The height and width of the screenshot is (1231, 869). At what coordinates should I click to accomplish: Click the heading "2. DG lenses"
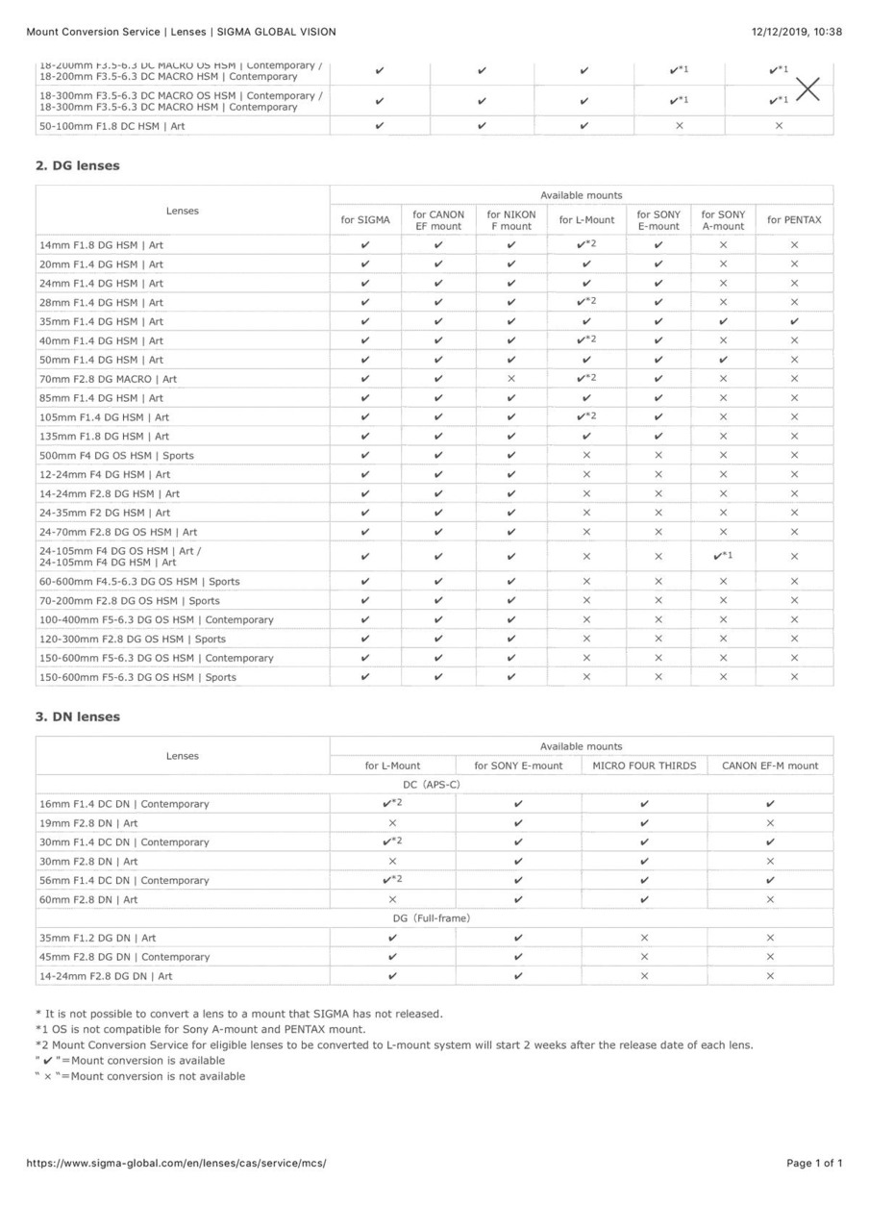[x=78, y=165]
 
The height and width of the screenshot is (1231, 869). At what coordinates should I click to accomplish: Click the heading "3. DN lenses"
[x=78, y=716]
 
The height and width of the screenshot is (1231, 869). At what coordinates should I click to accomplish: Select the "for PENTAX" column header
[x=794, y=220]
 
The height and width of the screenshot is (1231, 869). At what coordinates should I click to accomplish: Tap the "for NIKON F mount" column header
[x=510, y=220]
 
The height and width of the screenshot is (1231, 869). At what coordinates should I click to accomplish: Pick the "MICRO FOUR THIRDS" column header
[x=644, y=766]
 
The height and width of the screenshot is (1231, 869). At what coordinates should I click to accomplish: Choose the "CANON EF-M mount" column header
[x=770, y=766]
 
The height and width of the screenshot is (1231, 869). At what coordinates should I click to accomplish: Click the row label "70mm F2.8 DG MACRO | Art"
[x=108, y=379]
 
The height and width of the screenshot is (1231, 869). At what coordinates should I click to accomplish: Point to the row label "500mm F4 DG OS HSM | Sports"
[x=116, y=456]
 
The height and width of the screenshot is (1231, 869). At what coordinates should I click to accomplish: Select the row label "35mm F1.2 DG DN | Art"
[x=97, y=938]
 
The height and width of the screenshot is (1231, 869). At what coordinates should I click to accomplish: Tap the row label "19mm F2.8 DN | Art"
[x=88, y=823]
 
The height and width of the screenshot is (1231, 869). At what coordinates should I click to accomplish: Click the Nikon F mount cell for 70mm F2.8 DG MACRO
[x=510, y=379]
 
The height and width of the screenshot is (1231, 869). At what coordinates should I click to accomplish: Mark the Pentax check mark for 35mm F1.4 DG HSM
[x=794, y=321]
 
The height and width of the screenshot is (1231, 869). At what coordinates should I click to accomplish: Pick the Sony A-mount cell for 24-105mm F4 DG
[x=723, y=556]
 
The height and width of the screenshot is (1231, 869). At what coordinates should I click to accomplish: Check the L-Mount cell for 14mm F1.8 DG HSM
[x=585, y=244]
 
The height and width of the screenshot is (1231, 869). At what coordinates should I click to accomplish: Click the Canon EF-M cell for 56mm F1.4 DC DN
[x=770, y=880]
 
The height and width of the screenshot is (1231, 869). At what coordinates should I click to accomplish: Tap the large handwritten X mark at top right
[x=808, y=89]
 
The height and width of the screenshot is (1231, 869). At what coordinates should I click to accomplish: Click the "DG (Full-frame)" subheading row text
[x=434, y=918]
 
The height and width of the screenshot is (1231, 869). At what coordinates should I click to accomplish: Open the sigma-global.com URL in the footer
[x=176, y=1163]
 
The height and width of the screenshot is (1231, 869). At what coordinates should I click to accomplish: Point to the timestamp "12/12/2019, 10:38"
[x=797, y=32]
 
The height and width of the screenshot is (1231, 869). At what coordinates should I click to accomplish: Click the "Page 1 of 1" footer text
[x=814, y=1163]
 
